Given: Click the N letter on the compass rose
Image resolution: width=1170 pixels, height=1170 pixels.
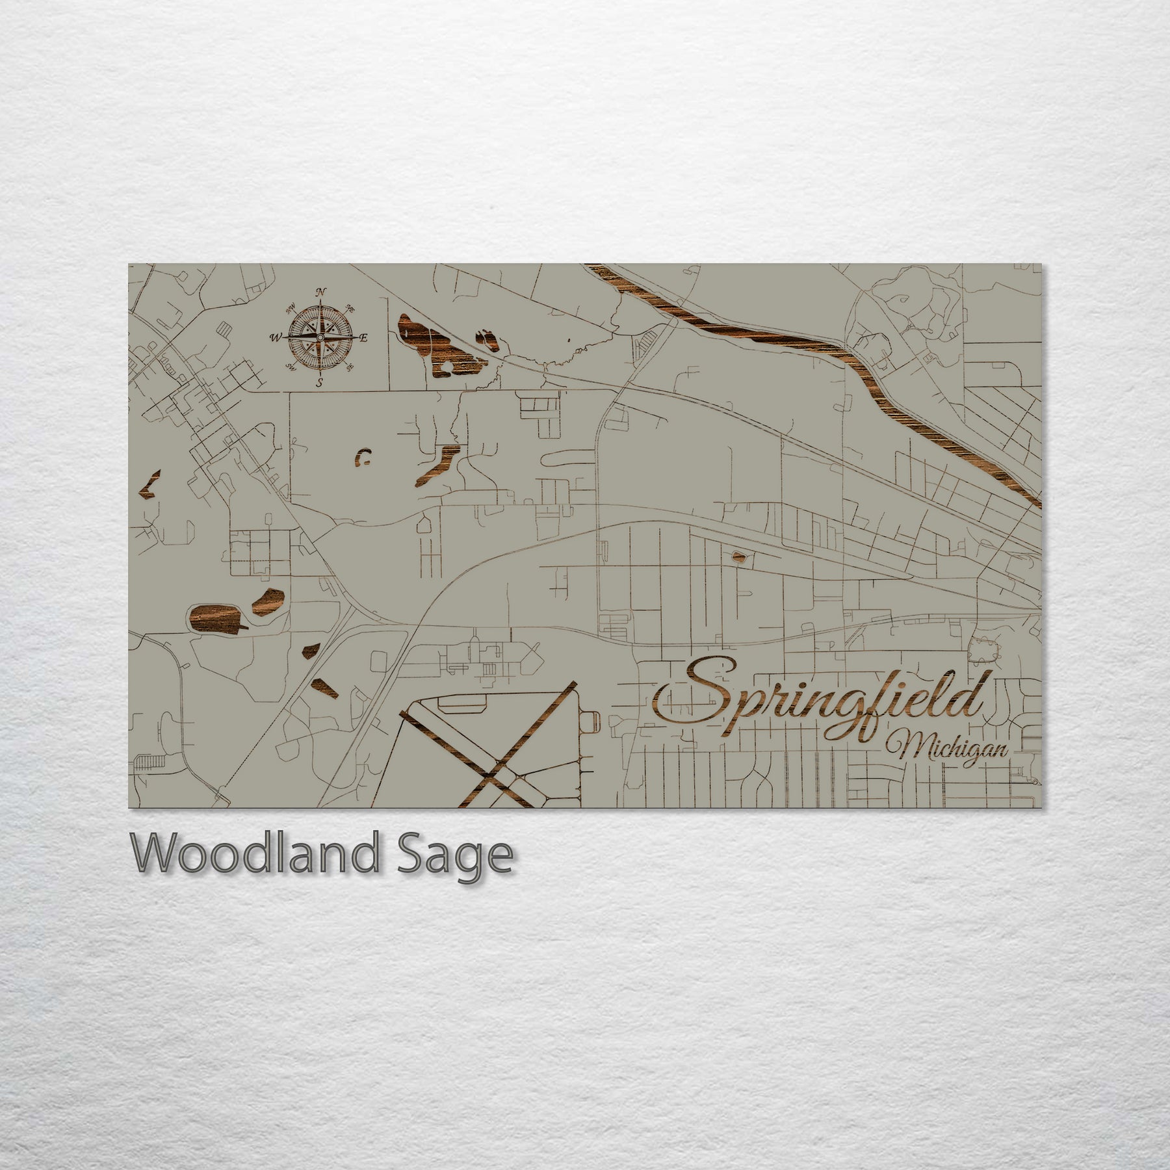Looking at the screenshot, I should tap(320, 292).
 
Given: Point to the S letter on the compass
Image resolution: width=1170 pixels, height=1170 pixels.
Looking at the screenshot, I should tap(319, 383).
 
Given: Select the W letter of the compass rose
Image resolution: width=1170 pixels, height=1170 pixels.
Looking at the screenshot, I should tap(275, 337).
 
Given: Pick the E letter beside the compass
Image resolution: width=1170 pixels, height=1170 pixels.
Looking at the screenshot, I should tap(364, 337).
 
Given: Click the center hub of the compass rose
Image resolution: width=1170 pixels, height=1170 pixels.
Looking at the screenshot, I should tap(320, 337).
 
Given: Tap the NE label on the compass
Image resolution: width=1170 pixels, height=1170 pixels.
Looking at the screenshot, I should tap(350, 308).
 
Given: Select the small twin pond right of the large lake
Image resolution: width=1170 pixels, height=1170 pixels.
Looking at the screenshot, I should tap(486, 339).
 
